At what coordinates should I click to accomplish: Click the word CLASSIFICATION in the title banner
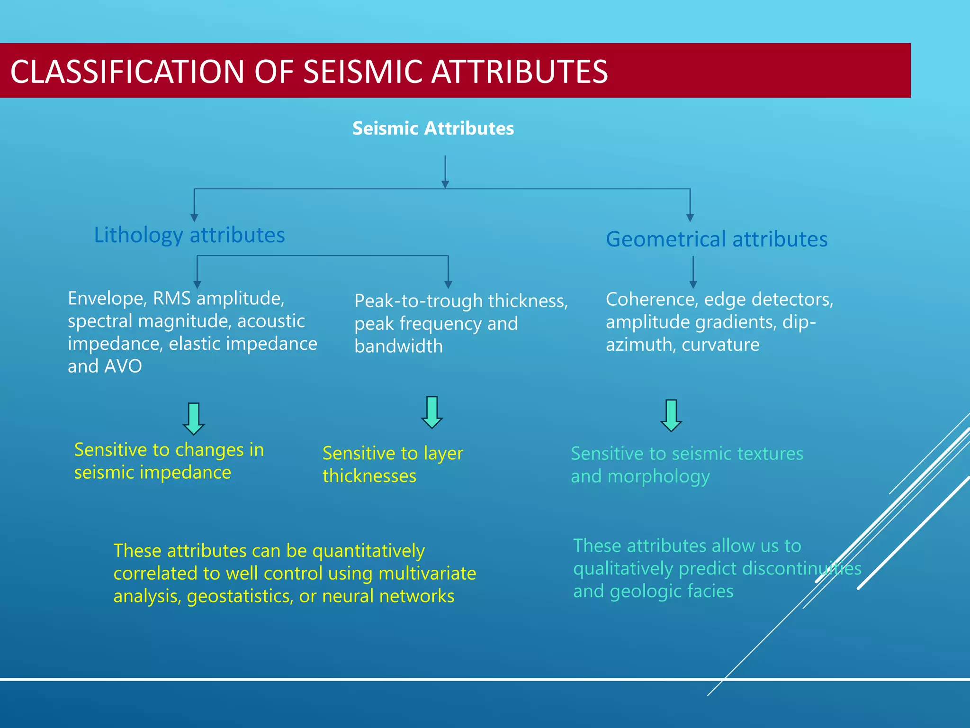(127, 72)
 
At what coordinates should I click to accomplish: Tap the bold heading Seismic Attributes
(433, 128)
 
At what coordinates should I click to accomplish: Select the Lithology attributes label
(189, 235)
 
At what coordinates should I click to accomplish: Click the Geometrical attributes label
(717, 239)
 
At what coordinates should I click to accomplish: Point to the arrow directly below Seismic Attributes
(445, 172)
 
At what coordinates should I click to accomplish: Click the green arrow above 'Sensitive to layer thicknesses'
(431, 412)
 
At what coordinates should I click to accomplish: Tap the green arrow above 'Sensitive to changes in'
(194, 419)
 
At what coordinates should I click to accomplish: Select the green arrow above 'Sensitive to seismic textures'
(671, 416)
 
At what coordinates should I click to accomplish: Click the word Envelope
(107, 299)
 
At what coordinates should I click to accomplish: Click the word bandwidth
(398, 346)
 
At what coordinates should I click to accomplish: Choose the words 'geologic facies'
(672, 591)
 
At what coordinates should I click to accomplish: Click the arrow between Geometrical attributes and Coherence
(693, 272)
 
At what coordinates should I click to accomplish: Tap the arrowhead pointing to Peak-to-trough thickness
(448, 284)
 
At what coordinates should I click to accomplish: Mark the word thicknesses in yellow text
(369, 476)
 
